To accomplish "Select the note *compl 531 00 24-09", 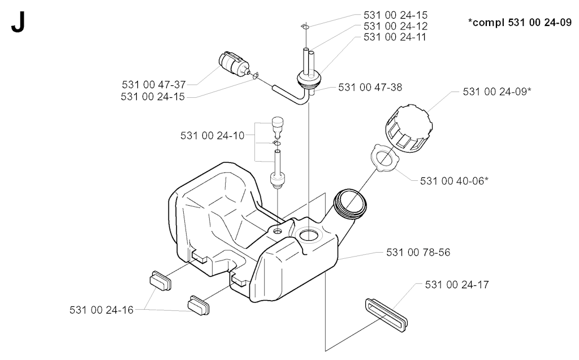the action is click(520, 23).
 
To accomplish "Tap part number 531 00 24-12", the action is click(395, 26).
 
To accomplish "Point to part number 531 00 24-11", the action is click(395, 37).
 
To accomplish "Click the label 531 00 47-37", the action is click(154, 85).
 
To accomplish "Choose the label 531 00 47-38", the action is click(370, 88).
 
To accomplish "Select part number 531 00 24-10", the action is click(213, 136).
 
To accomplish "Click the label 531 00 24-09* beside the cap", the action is click(497, 92).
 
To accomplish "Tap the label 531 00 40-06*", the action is click(454, 181).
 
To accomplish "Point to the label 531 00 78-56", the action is click(418, 253).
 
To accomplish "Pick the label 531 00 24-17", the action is click(457, 285).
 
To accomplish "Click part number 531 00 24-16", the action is click(102, 310).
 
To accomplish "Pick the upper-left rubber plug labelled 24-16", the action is click(161, 280).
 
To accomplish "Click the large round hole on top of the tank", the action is click(308, 235).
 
